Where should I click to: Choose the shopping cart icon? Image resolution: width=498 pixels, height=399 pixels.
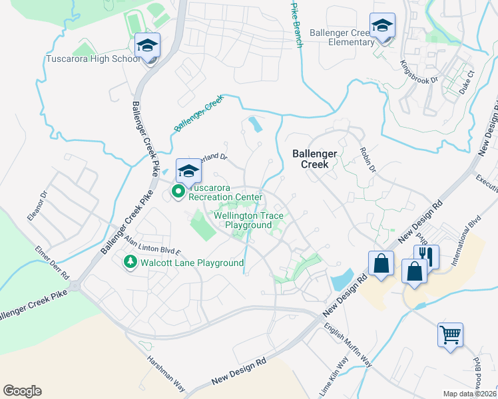click(x=450, y=335)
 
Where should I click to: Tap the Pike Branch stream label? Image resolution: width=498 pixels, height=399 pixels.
click(x=298, y=24)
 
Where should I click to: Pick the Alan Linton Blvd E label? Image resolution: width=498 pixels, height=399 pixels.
click(x=152, y=243)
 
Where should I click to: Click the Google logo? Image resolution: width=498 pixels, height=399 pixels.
click(x=22, y=390)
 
